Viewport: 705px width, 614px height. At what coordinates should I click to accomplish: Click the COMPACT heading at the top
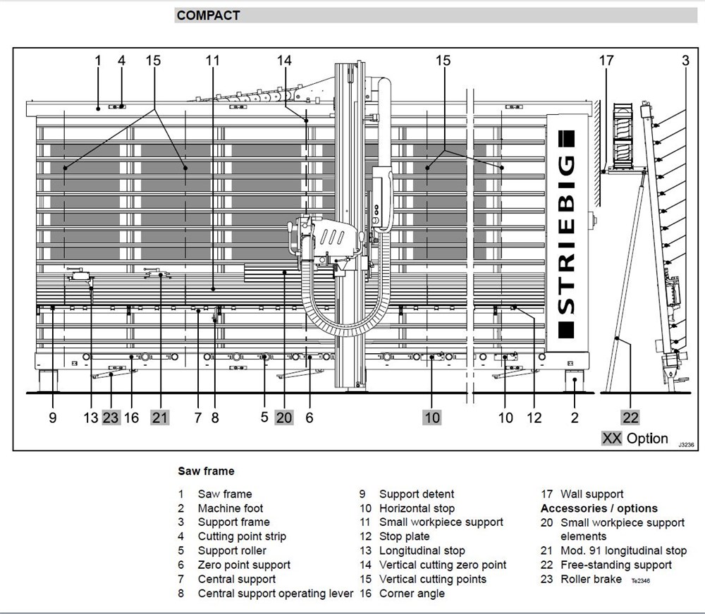(208, 16)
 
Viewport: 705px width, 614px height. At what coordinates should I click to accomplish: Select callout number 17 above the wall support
(606, 61)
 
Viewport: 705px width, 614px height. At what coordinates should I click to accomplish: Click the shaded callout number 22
(630, 417)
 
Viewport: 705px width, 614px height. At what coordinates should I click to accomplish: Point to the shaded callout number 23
(111, 417)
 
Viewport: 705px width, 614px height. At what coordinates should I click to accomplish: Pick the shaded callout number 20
(284, 417)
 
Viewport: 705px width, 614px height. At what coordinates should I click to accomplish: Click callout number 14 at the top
(284, 61)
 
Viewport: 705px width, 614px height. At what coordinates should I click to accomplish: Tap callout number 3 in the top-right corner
(685, 61)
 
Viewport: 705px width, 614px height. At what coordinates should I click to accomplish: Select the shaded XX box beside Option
(611, 438)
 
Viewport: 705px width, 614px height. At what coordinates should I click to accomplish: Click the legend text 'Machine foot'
(231, 508)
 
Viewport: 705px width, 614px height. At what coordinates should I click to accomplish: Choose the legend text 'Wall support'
(591, 494)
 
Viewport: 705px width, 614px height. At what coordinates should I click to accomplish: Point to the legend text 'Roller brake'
(591, 579)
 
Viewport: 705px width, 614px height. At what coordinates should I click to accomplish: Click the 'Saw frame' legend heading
(206, 471)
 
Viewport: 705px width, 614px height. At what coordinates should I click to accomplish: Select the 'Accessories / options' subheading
(599, 508)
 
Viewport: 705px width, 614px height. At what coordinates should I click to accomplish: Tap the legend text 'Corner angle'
(412, 594)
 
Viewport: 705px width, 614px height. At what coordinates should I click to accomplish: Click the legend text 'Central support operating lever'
(275, 594)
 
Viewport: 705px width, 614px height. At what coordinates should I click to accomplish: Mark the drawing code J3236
(685, 446)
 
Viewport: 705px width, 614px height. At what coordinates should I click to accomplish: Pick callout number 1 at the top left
(98, 61)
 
